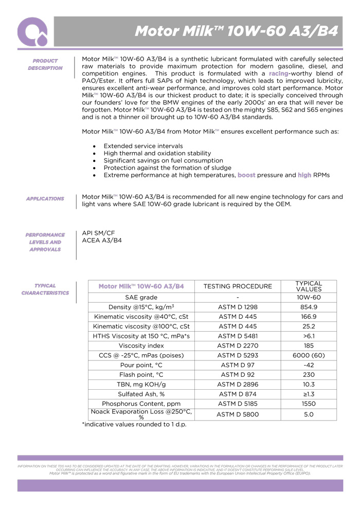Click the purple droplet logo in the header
[x=32, y=31]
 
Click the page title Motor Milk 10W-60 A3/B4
[x=236, y=31]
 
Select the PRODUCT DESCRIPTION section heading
[x=45, y=64]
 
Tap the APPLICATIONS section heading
[x=45, y=198]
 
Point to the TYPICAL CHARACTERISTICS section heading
[x=45, y=289]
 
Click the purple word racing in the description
[x=278, y=74]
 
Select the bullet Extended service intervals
[x=143, y=147]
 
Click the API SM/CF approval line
[x=99, y=233]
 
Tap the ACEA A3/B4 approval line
[x=102, y=240]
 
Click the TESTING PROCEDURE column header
[x=238, y=286]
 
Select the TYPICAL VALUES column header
[x=309, y=286]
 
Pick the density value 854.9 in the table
[x=309, y=307]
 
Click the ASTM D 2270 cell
[x=238, y=346]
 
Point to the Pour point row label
[x=141, y=365]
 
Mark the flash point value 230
[x=309, y=375]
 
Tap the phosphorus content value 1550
[x=309, y=404]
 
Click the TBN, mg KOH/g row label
[x=141, y=385]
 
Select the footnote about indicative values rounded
[x=134, y=424]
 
